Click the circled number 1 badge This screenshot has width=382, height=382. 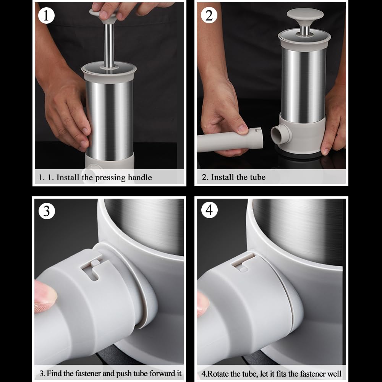pyautogui.click(x=46, y=16)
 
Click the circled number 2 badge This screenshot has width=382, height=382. pyautogui.click(x=209, y=15)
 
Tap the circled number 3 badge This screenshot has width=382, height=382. pyautogui.click(x=47, y=211)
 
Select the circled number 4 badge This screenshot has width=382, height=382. pyautogui.click(x=209, y=210)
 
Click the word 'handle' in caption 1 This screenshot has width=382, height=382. pyautogui.click(x=140, y=177)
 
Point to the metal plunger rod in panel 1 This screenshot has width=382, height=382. pyautogui.click(x=109, y=45)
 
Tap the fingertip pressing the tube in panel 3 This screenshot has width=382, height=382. pyautogui.click(x=45, y=296)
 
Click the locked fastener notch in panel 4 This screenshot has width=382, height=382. pyautogui.click(x=243, y=262)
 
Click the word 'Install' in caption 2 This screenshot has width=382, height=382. pyautogui.click(x=222, y=177)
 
